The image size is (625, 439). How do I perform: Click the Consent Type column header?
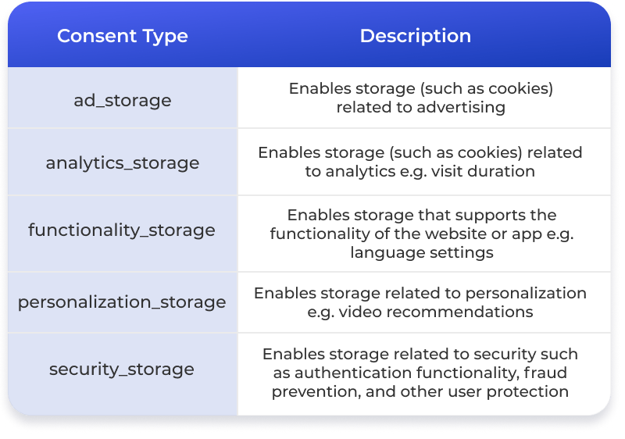click(x=123, y=36)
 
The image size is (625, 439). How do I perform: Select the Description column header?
click(x=416, y=36)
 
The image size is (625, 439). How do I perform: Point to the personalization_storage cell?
click(x=122, y=302)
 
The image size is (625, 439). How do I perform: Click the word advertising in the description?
click(x=461, y=108)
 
